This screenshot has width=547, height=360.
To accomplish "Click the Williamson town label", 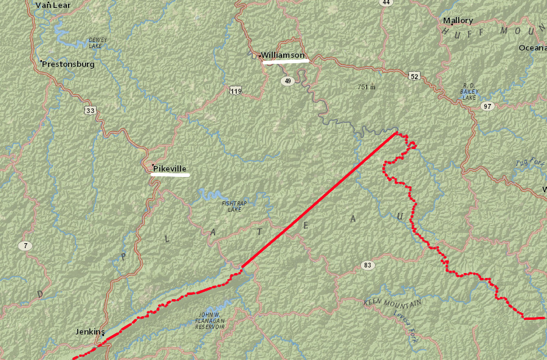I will coord(283,55).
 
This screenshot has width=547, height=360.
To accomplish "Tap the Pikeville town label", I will coord(170,168).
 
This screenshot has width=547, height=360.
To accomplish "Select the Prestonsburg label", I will coord(68,64).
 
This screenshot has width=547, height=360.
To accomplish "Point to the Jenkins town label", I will coord(90,332).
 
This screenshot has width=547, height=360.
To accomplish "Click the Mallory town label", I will coord(458,21).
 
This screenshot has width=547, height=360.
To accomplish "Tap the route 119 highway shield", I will coord(236,91).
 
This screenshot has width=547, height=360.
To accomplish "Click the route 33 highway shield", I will coord(91,110).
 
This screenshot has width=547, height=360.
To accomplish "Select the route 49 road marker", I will coord(287,80).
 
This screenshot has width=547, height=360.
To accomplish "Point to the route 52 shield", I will coord(414,76).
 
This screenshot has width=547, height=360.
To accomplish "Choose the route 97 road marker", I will coord(487,106).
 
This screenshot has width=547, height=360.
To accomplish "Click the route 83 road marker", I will coord(367,265).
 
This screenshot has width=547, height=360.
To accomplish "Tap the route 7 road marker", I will coord(24,246).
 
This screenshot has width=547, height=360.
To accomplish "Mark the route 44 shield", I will coord(385,2).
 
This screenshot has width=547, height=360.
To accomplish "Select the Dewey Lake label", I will coord(97,43).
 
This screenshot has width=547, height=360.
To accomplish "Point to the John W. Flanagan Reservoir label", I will coord(211,320).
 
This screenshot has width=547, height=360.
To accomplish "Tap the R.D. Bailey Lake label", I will coord(469,91).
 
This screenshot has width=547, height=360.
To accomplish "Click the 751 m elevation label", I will coord(366,87).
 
